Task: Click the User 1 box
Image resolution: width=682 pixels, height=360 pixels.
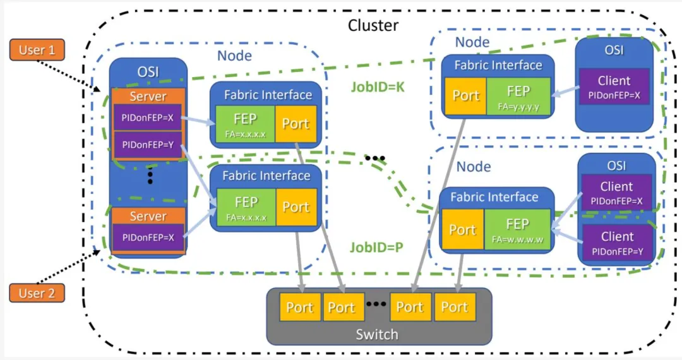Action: click(x=37, y=50)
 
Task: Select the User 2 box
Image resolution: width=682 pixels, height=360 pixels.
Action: click(x=37, y=293)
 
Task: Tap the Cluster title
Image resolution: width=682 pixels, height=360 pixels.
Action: click(x=373, y=25)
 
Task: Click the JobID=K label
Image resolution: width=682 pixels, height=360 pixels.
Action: click(x=378, y=87)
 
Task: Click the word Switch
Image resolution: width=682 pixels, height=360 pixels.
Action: click(x=377, y=334)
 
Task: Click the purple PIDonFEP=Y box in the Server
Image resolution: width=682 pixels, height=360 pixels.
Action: click(x=148, y=145)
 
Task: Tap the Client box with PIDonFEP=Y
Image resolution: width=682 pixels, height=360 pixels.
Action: click(x=617, y=243)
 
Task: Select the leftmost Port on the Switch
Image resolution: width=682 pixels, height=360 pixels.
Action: click(x=299, y=308)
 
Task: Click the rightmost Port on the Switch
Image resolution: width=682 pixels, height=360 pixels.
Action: click(x=453, y=308)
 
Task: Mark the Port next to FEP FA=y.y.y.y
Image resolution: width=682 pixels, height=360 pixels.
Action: click(x=466, y=96)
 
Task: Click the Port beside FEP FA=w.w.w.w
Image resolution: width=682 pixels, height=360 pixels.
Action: click(x=462, y=229)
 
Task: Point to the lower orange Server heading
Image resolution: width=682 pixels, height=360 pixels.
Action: click(x=148, y=216)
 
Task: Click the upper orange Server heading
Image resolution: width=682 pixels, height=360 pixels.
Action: click(x=148, y=97)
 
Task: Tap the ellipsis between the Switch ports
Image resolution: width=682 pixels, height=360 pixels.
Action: click(x=376, y=304)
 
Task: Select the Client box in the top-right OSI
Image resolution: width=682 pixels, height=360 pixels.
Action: click(x=614, y=87)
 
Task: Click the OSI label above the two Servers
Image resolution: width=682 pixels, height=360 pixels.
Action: click(x=148, y=72)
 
